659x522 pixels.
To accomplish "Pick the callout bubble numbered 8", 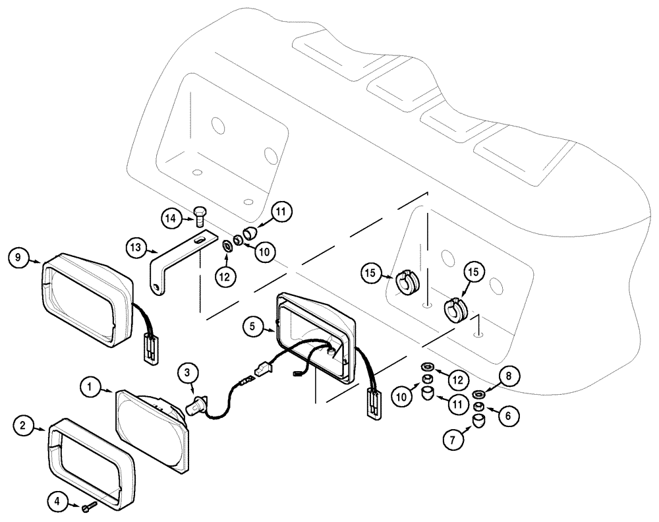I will pos(508,376).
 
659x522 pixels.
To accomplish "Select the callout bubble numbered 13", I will pos(136,248).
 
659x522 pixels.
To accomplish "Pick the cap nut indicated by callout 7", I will pos(478,421).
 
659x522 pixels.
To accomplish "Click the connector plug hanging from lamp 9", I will pos(151,347).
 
